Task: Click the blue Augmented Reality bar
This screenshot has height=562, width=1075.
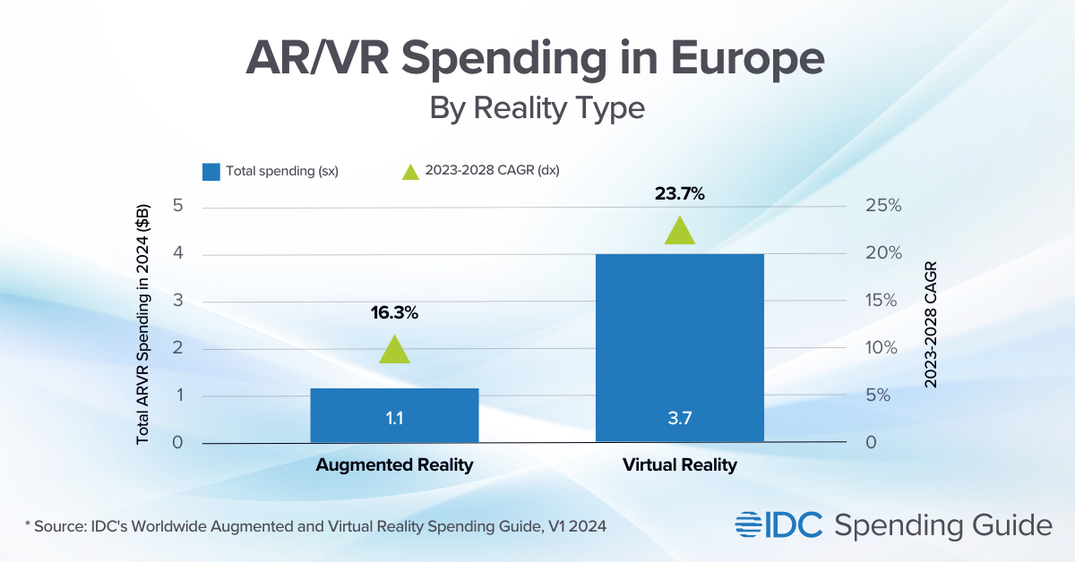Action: (x=394, y=414)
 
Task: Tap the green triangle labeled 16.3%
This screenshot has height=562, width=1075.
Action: (x=394, y=350)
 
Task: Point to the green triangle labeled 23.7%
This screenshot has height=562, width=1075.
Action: (x=679, y=232)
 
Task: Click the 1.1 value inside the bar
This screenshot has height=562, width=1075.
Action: (x=394, y=418)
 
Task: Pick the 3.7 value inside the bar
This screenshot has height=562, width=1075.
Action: (x=679, y=418)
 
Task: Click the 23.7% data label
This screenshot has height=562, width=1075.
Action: (x=679, y=194)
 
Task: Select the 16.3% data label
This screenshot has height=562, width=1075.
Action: (x=394, y=313)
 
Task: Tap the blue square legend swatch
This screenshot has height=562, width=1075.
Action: (x=211, y=170)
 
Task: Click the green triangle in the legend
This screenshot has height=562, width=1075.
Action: (x=410, y=170)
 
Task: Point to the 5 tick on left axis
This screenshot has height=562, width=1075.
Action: (x=177, y=206)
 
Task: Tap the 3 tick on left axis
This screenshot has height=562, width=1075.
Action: (x=177, y=301)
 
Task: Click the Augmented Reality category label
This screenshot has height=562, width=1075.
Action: (x=394, y=465)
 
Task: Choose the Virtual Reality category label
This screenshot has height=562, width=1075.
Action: (x=679, y=465)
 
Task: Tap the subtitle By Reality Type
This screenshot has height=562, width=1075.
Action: (x=537, y=108)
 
